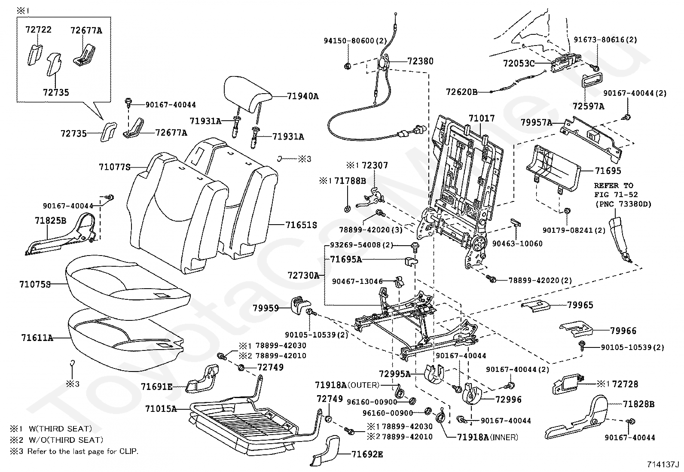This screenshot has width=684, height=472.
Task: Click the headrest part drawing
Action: [248, 93]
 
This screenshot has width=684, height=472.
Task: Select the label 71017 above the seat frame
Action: [482, 118]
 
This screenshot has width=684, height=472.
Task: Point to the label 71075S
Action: [35, 284]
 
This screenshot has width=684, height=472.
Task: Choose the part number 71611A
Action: [37, 338]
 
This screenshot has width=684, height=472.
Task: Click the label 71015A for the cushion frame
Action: [161, 408]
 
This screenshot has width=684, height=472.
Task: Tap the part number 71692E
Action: [367, 454]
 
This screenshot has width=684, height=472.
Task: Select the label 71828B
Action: [639, 404]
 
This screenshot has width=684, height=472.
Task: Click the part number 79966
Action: [623, 331]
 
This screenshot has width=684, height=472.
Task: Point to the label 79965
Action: [580, 305]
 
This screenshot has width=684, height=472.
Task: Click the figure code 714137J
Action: [663, 465]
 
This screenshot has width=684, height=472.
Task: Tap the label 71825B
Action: [50, 221]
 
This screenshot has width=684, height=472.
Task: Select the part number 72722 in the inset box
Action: [38, 30]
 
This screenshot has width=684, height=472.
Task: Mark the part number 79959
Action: [266, 308]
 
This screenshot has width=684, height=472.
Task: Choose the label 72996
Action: [508, 400]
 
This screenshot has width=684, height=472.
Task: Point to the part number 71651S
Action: [301, 225]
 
